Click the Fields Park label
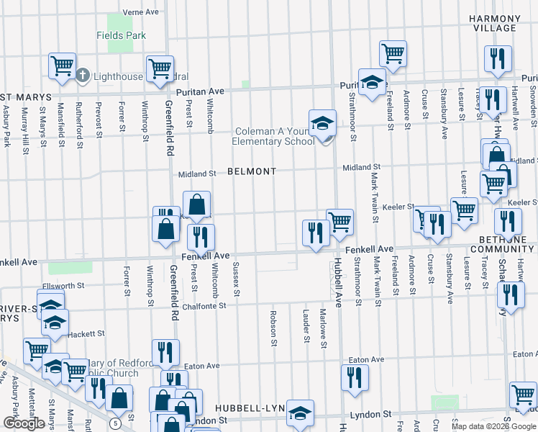click(122, 35)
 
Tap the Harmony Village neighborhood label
click(493, 22)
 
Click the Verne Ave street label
click(140, 12)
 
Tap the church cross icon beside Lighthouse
click(83, 75)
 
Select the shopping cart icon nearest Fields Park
click(63, 66)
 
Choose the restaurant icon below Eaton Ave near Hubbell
click(354, 378)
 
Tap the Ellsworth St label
click(64, 285)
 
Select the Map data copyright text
click(493, 426)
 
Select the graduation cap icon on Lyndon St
click(300, 413)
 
